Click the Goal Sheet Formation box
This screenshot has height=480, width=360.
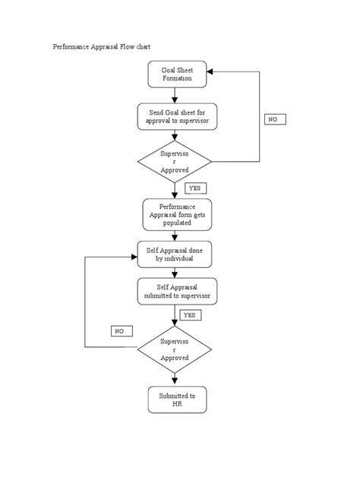[x=175, y=74]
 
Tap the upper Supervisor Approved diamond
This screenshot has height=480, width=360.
[x=175, y=162]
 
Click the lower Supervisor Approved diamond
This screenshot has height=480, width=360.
[x=175, y=349]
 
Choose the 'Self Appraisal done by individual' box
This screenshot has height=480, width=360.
[x=175, y=254]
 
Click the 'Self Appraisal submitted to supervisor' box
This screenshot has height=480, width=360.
[x=175, y=292]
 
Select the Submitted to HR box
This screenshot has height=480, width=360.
[x=176, y=400]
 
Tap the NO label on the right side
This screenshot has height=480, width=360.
[x=274, y=120]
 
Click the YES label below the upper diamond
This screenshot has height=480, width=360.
[x=195, y=187]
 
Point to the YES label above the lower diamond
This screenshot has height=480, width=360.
[x=190, y=314]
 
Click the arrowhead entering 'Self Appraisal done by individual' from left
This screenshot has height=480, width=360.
[x=134, y=255]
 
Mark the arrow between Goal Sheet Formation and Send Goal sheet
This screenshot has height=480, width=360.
[x=175, y=96]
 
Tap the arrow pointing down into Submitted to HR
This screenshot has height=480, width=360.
[x=175, y=379]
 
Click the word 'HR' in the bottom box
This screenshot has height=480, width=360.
[x=176, y=405]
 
